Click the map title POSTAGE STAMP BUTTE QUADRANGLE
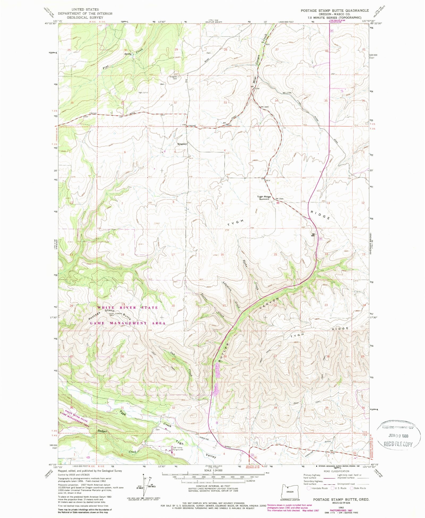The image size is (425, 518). pos(334,10)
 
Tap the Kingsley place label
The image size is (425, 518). pos(182,144)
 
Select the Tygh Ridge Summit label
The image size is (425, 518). pos(263,198)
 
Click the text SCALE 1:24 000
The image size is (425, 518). pos(213,470)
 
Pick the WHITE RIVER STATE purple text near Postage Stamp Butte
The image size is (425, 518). pos(127,308)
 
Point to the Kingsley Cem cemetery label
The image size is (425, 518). pos(173,78)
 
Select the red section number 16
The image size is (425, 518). pos(222,254)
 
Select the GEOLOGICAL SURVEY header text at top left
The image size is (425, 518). pos(81,17)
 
